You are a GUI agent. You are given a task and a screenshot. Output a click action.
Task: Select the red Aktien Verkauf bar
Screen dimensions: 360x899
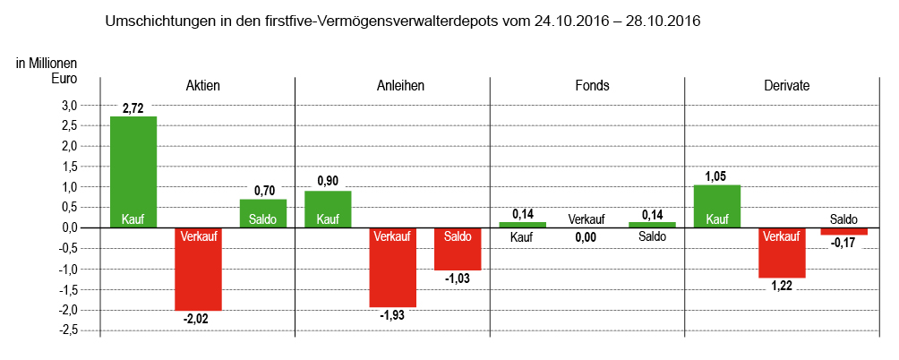(198, 269)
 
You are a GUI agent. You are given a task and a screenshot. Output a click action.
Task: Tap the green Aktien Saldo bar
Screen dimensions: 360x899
(263, 213)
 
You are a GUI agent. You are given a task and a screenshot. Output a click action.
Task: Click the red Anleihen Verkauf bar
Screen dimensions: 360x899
(393, 267)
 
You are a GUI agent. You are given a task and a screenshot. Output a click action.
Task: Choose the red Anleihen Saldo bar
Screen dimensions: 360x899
(458, 249)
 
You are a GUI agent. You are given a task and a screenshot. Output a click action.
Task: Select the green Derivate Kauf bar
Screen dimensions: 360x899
(717, 206)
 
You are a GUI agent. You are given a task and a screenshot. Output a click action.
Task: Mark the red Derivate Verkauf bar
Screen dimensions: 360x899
(782, 253)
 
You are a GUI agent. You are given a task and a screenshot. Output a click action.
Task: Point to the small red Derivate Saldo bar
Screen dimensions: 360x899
(844, 231)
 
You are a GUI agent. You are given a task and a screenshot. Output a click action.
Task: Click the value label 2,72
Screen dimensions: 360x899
(133, 108)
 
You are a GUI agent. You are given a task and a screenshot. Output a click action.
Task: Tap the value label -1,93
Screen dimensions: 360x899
(393, 315)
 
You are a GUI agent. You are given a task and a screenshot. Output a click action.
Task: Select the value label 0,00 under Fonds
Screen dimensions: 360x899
(587, 238)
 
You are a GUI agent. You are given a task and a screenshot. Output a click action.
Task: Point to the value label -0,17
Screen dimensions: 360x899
(844, 243)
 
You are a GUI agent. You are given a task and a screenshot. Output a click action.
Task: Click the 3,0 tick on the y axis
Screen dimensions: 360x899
(69, 106)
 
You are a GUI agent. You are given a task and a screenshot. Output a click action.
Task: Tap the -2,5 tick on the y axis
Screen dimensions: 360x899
(67, 330)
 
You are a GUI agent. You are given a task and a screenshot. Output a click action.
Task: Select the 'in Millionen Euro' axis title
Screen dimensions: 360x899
(47, 71)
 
